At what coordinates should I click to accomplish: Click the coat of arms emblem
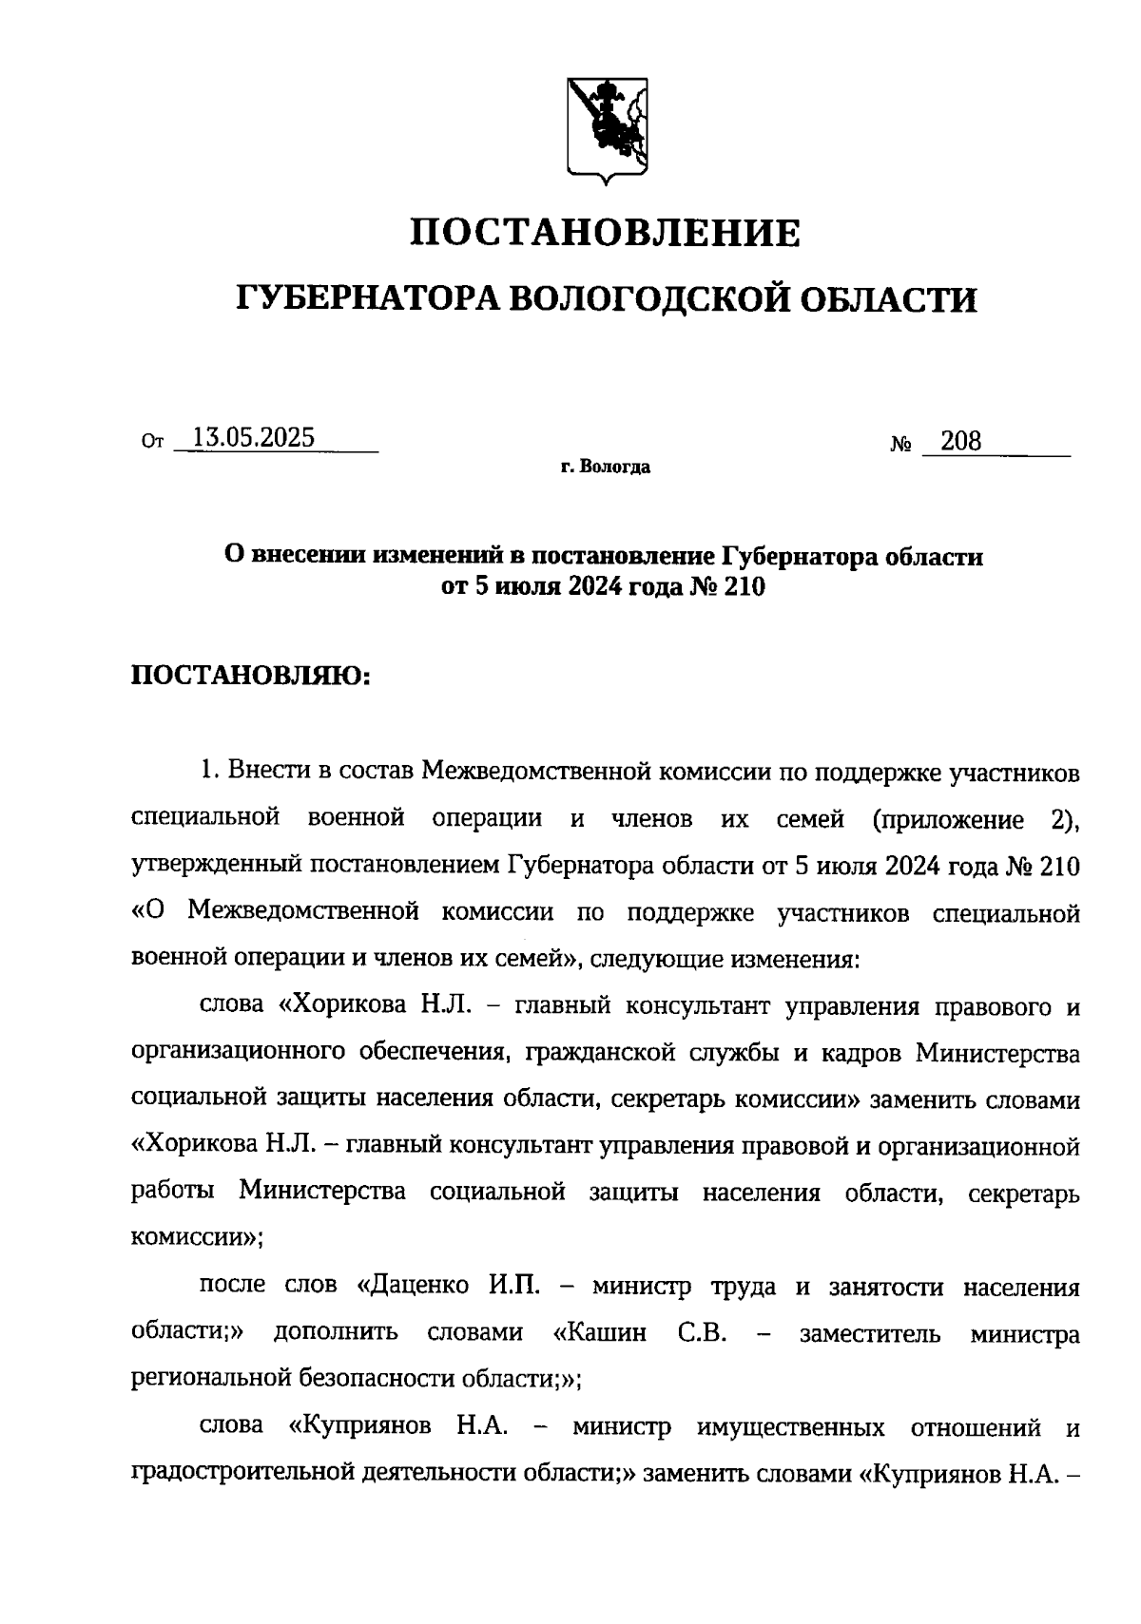608,126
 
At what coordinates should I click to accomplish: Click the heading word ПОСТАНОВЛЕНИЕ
606,233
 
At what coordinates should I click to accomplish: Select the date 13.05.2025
253,438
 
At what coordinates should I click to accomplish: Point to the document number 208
960,441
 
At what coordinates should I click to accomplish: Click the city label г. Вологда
606,468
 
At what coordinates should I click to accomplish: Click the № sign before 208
901,444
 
